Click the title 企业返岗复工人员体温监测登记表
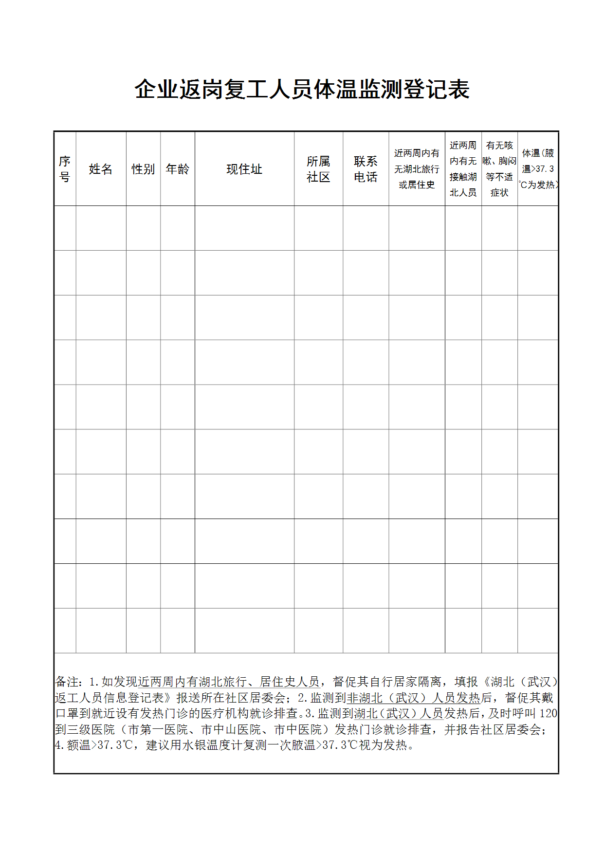302,90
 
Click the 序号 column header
65,169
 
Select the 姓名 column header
101,169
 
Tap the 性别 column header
143,169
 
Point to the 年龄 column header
177,169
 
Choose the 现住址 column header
244,169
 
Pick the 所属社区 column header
318,169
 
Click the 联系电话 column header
366,169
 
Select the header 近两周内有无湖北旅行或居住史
417,169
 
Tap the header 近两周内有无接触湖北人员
463,169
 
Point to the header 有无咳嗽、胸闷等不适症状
499,169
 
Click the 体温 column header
538,169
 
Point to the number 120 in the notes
548,714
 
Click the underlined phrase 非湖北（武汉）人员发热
413,698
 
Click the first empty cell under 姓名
101,228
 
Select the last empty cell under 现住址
244,631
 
